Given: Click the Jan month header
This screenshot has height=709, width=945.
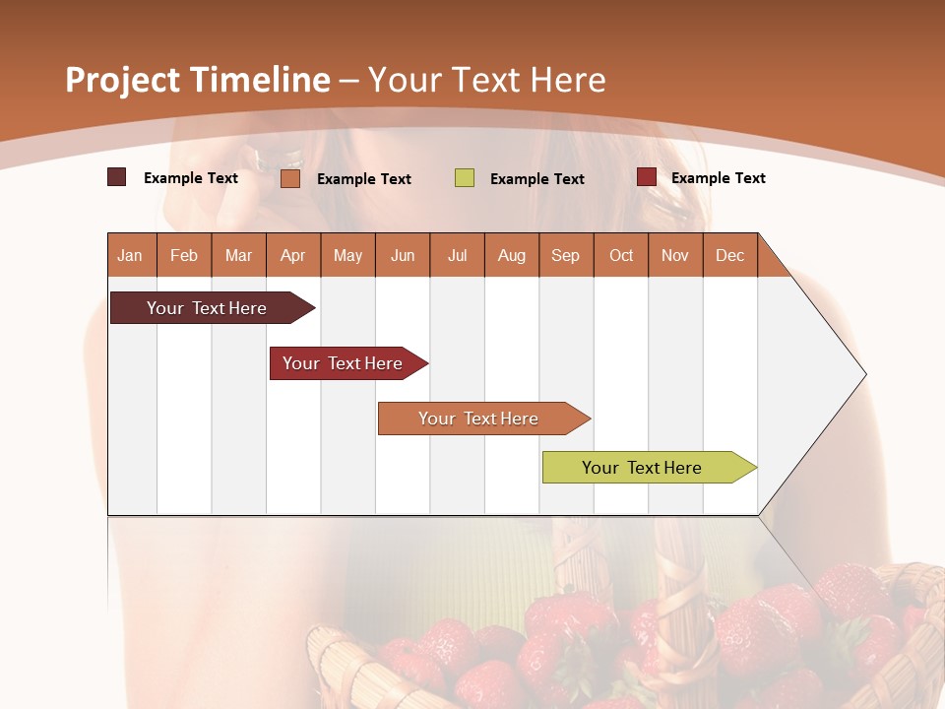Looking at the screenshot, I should point(131,255).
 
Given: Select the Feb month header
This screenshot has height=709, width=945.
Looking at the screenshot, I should point(184,255).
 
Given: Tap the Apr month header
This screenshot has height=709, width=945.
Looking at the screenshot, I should point(293,255).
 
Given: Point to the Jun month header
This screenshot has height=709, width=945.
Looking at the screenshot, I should point(403,255).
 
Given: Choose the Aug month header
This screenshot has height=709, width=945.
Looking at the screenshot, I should point(512,255).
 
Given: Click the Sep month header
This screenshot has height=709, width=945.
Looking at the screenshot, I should point(566,255).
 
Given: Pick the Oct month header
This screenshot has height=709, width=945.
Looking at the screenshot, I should point(621,255).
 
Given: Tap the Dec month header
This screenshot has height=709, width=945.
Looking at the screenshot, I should point(730,255).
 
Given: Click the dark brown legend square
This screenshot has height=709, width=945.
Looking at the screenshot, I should point(117,177).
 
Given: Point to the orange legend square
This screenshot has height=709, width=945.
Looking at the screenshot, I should point(290,178).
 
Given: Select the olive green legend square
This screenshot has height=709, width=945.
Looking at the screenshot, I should point(465,178).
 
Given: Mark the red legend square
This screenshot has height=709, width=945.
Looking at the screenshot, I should point(646,177).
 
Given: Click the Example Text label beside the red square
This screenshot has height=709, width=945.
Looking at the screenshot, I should point(718,178).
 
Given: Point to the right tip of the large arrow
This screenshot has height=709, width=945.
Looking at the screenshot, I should point(864,374).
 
